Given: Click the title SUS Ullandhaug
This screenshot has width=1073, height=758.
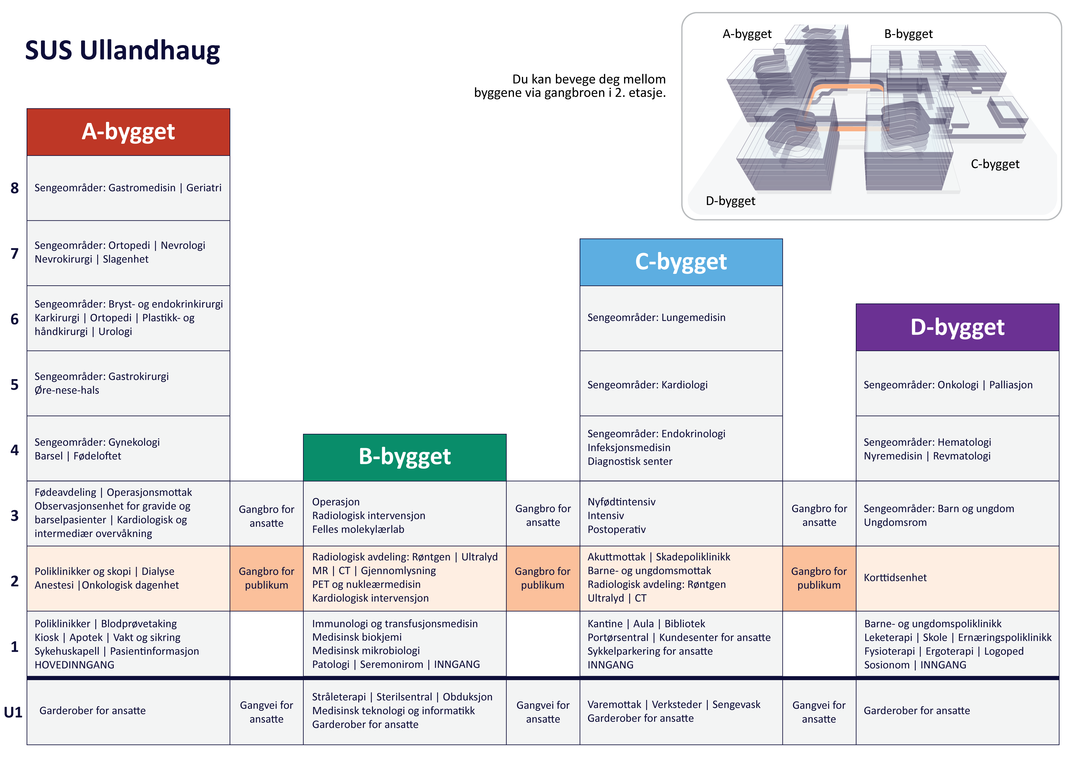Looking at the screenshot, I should [x=123, y=50].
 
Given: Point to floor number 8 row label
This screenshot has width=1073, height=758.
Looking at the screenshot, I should [x=15, y=188].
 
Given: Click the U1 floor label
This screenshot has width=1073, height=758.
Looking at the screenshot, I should [x=13, y=712].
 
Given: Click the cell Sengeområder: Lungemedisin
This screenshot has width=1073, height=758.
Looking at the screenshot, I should [x=656, y=318].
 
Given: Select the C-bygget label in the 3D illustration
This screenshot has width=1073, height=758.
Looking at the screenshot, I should [x=994, y=164].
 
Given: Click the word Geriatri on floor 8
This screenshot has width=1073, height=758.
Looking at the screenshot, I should [x=204, y=188].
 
